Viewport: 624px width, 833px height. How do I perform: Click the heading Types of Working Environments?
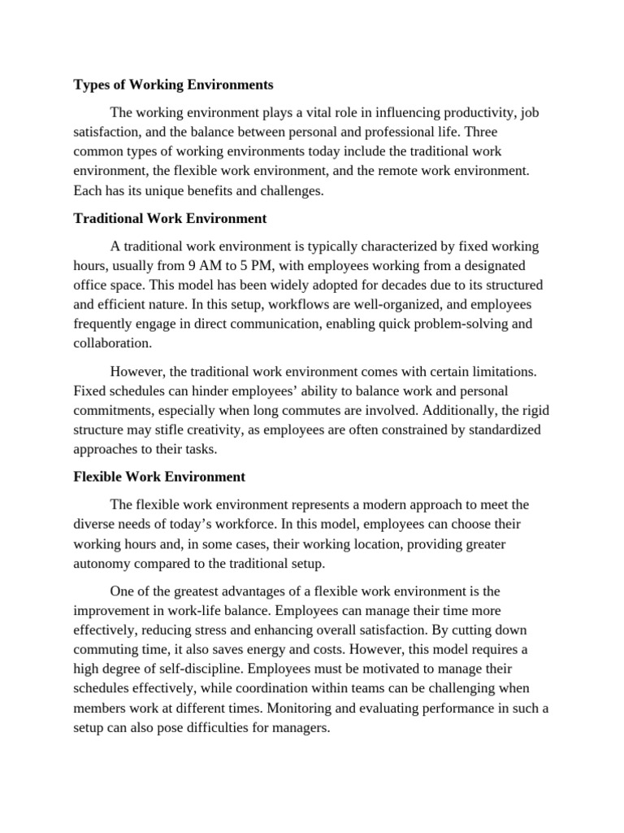pos(173,85)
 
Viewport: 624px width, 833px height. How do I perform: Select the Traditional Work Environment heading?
pos(170,219)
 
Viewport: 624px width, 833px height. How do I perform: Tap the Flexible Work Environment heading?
pos(159,477)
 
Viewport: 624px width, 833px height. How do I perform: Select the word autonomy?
pos(102,563)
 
